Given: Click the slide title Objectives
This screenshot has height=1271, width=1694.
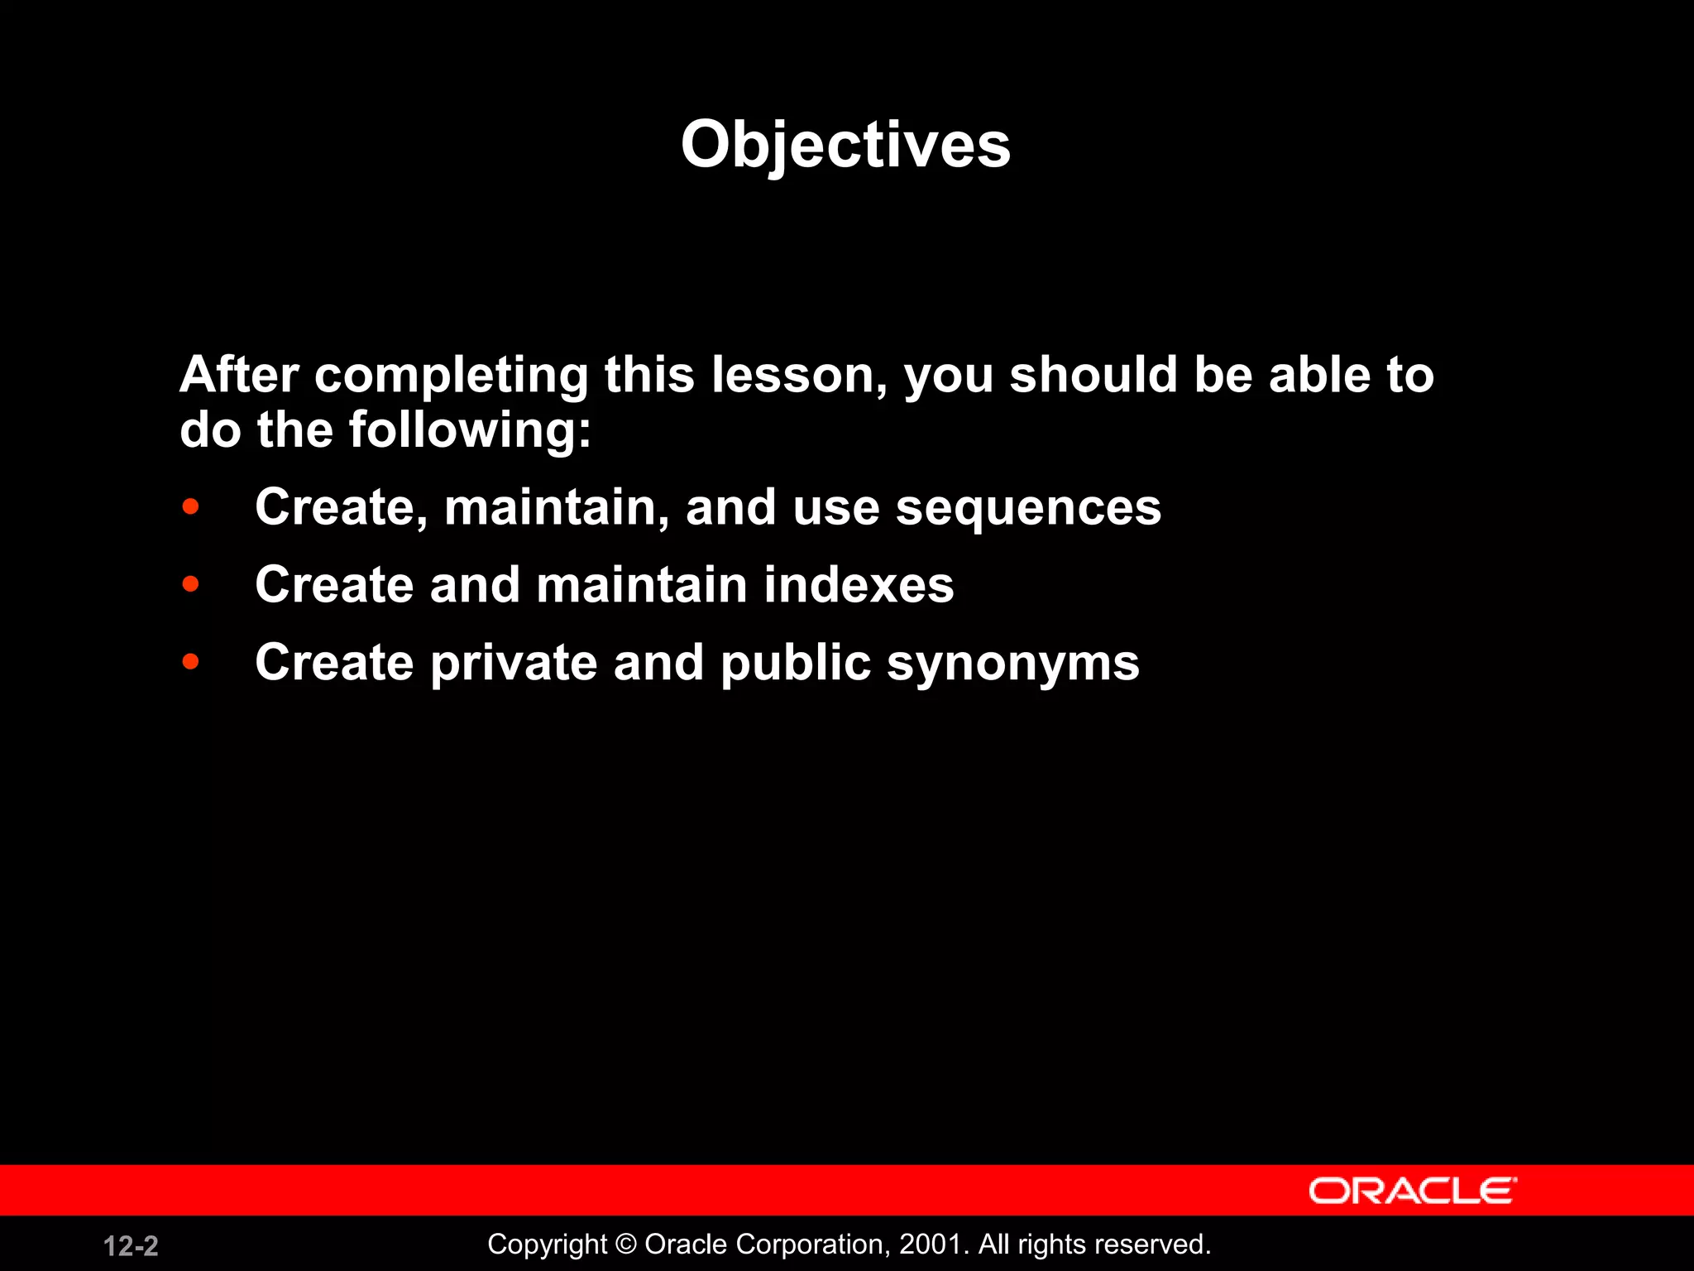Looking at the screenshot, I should (x=845, y=145).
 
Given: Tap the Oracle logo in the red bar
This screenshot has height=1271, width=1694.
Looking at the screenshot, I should (x=1412, y=1192).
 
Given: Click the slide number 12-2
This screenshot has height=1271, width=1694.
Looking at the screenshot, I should (x=131, y=1245).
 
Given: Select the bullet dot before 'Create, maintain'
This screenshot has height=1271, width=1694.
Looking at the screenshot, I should (x=190, y=506).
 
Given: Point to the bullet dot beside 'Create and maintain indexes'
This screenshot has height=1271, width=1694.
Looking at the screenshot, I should (x=190, y=584).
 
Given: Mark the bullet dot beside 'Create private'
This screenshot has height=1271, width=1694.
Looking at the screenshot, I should (x=190, y=661).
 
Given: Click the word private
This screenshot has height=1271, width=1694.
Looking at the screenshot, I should (x=514, y=663).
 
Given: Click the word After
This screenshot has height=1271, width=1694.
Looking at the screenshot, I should (x=239, y=375).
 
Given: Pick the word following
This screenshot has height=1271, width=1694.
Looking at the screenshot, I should (x=469, y=430).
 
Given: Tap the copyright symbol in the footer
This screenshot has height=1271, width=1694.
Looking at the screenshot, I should (x=626, y=1245).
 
